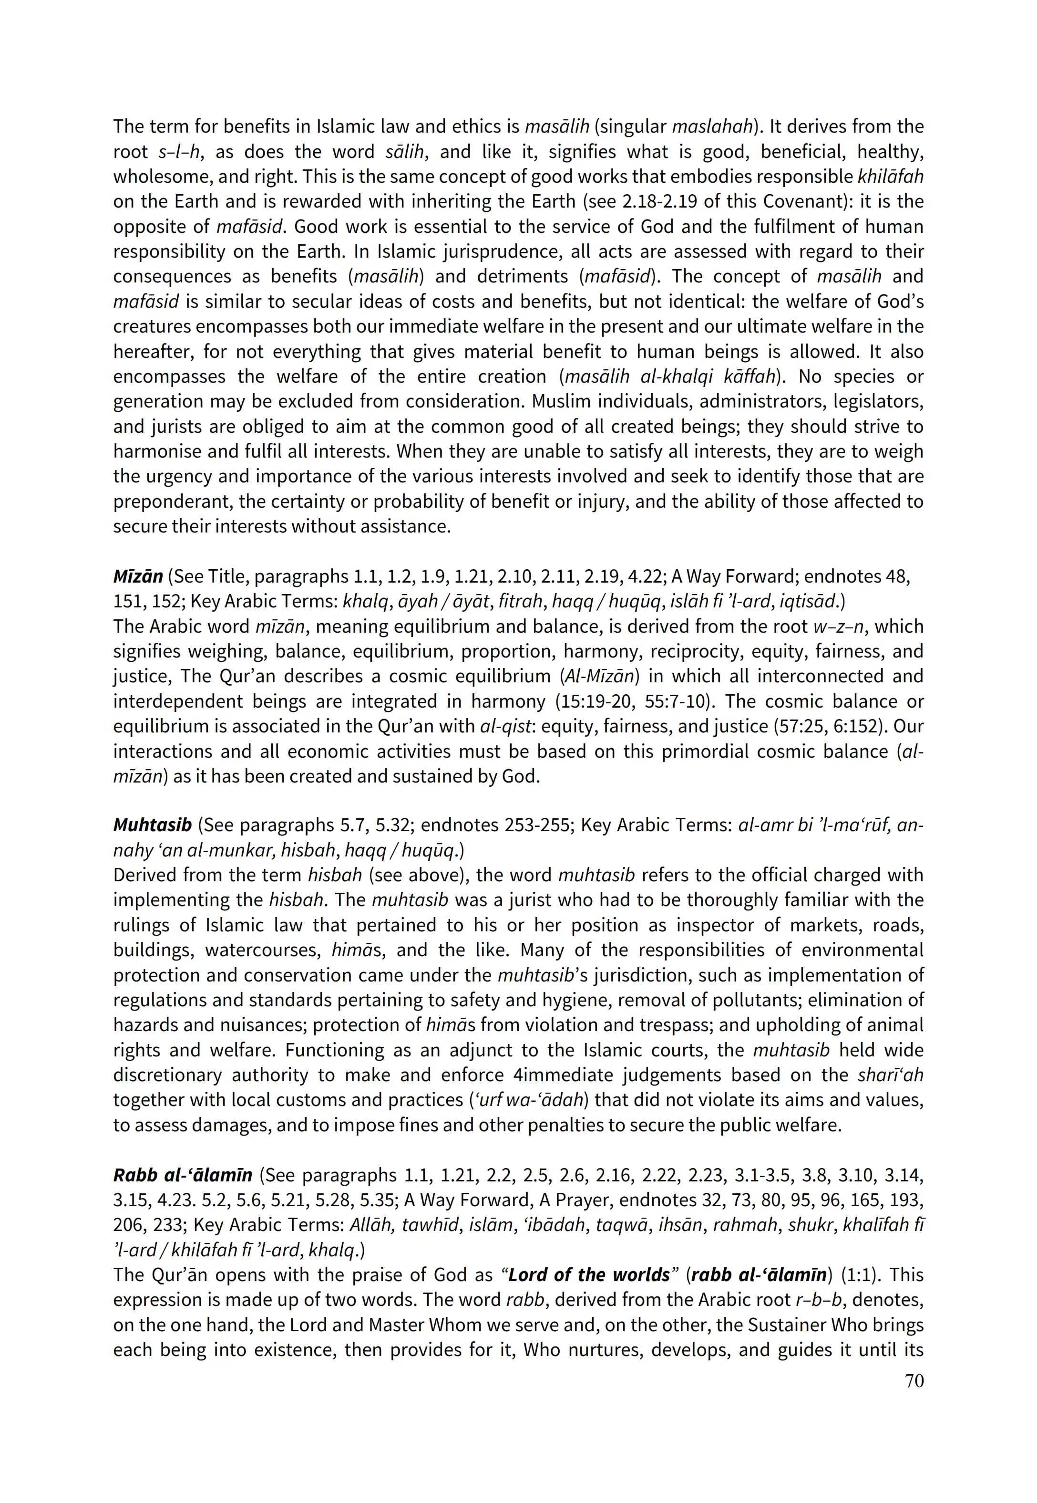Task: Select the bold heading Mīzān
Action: [138, 576]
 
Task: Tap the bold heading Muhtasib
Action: [152, 825]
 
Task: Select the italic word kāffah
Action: [747, 377]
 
